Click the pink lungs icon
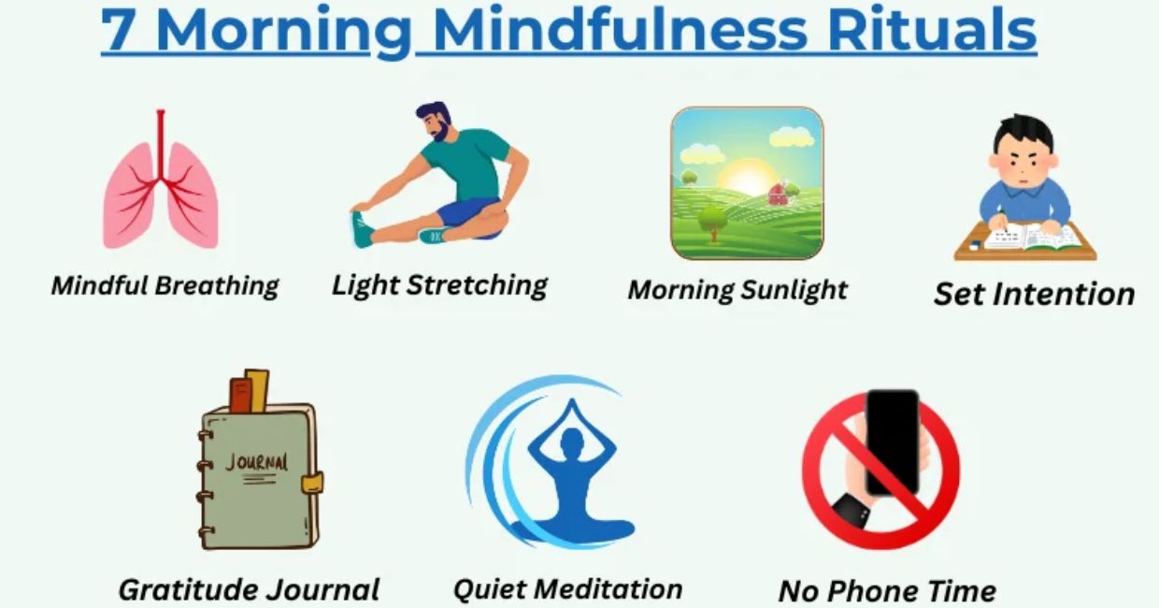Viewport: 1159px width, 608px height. point(161,187)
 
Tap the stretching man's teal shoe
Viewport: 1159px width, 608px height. point(363,229)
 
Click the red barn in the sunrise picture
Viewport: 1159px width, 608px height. point(778,194)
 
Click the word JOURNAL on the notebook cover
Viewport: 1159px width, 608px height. point(257,463)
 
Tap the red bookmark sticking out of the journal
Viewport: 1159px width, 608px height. point(240,394)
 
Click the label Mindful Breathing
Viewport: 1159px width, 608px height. point(165,285)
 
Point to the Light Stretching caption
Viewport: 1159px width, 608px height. point(439,284)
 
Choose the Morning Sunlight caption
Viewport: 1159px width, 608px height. point(737,289)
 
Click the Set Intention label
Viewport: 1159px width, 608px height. point(1034,294)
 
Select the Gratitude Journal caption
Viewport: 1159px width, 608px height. point(249,589)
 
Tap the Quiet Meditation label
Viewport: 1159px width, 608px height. point(567,588)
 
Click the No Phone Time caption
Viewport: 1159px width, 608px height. point(887,590)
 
